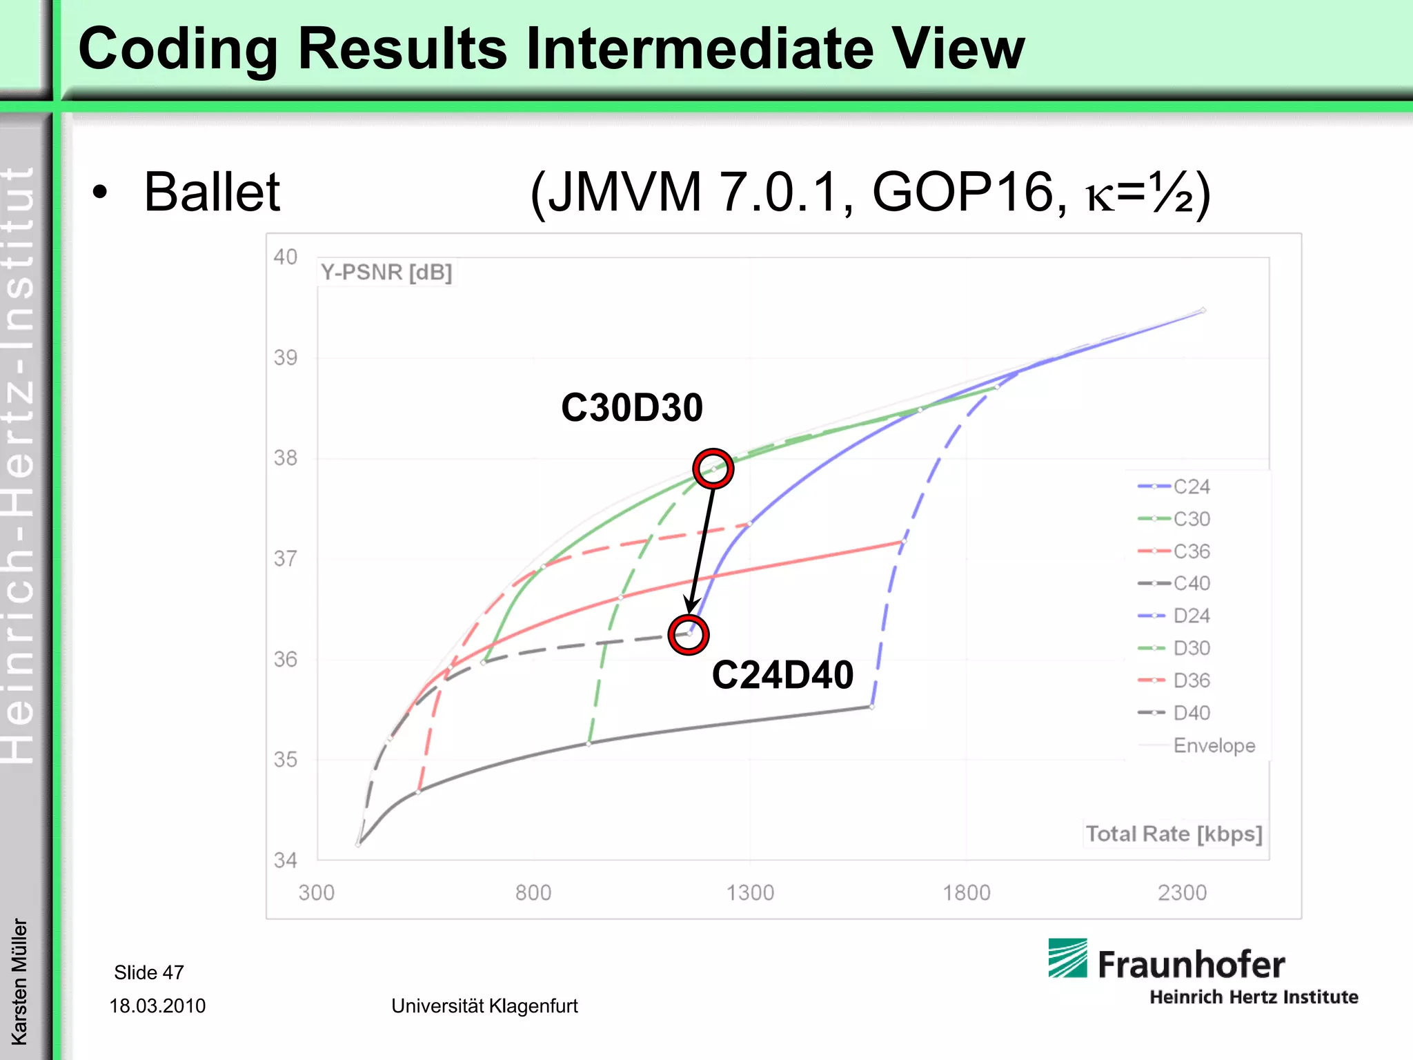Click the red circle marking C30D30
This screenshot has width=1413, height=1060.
tap(713, 469)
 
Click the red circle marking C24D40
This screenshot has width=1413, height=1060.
tap(689, 634)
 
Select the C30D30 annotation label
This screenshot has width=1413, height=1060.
tap(631, 407)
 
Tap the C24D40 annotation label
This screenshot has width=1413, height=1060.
tap(782, 675)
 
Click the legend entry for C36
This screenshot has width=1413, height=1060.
tap(1191, 551)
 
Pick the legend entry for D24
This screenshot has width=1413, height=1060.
tap(1191, 616)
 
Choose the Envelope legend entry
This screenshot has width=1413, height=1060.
tap(1214, 745)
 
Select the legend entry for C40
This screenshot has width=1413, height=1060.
tap(1191, 584)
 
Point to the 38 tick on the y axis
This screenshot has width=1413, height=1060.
tap(285, 458)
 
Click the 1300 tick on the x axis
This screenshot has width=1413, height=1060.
tap(750, 893)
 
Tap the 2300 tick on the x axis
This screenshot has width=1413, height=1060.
tap(1182, 893)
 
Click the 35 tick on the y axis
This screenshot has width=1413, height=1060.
tap(285, 760)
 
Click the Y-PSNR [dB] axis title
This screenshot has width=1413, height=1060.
tap(386, 273)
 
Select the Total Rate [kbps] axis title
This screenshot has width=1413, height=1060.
tap(1174, 834)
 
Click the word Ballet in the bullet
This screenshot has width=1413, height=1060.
tap(211, 192)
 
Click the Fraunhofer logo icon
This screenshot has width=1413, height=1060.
tap(1067, 958)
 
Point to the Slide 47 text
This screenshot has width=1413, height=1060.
tap(149, 972)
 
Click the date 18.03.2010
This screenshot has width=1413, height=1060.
tap(157, 1005)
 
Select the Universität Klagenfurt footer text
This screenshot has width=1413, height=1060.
tap(484, 1005)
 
